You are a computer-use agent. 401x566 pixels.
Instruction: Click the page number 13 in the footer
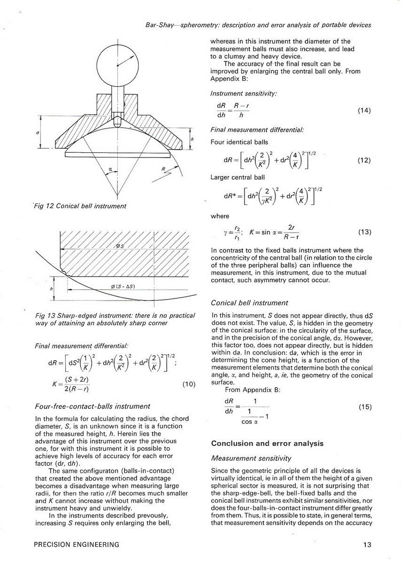(x=368, y=544)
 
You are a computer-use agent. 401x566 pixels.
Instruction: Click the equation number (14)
(x=364, y=111)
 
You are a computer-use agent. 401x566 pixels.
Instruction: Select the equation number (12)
(x=364, y=160)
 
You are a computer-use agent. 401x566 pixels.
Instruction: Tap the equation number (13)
(x=364, y=232)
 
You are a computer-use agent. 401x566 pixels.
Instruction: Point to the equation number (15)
(x=364, y=407)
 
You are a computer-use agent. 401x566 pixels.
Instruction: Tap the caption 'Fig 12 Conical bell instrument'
(x=80, y=206)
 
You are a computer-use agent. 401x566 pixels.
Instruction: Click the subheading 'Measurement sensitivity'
(x=251, y=458)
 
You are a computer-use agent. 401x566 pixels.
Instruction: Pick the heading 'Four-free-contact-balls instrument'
(x=93, y=406)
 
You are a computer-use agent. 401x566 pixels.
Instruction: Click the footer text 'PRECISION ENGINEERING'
(x=77, y=544)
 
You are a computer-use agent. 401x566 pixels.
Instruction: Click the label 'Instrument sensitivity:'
(x=244, y=94)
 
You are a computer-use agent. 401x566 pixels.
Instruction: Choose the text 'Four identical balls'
(x=239, y=142)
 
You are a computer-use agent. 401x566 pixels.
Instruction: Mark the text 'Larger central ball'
(x=238, y=178)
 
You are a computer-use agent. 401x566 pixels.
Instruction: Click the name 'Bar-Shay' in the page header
(x=158, y=25)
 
